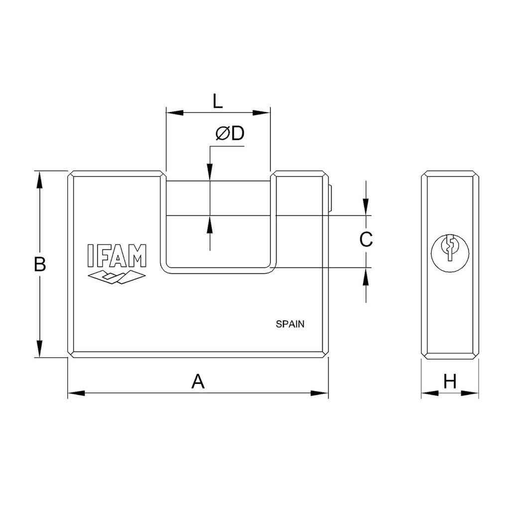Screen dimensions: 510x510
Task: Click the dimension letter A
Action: (198, 381)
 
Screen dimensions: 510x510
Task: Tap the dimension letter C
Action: (366, 240)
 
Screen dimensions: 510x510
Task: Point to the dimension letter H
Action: (450, 381)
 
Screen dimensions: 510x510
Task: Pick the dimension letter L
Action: (218, 101)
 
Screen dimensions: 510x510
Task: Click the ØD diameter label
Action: (230, 133)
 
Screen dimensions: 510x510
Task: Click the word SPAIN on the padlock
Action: (290, 324)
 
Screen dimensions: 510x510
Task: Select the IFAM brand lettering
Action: (117, 255)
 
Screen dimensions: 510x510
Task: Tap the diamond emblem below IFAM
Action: (117, 277)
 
